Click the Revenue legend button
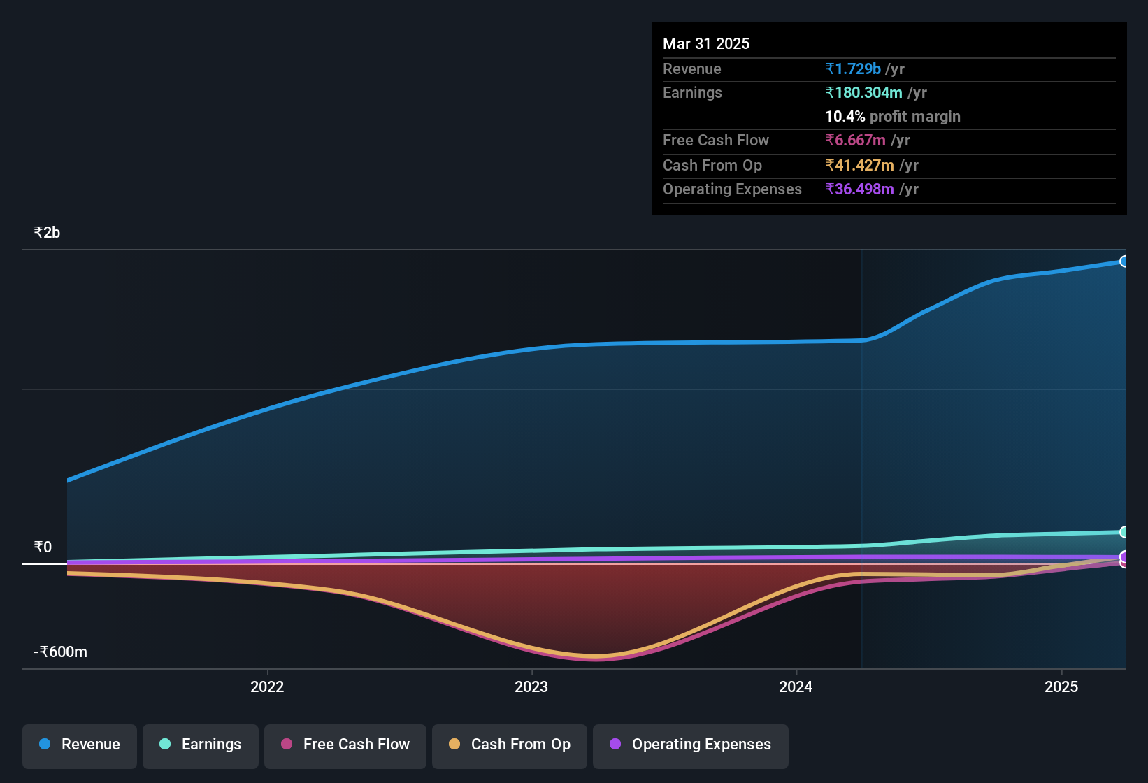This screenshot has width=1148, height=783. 80,745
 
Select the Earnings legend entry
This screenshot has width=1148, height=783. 201,745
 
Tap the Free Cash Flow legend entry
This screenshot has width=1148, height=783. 345,745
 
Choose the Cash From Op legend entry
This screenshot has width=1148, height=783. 510,745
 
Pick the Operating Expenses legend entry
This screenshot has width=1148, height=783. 691,745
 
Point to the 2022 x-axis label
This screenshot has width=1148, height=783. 267,687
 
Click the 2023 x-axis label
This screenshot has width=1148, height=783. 531,687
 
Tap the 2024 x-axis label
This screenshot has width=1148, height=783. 796,687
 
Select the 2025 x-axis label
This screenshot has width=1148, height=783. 1061,687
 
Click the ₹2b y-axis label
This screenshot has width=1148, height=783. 47,233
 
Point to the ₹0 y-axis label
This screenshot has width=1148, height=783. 43,547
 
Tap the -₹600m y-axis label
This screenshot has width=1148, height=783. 60,652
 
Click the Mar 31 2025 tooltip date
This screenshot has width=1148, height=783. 706,44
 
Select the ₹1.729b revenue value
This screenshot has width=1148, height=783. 853,69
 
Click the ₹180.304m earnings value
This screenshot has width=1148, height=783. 864,93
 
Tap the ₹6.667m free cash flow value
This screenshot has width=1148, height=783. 856,141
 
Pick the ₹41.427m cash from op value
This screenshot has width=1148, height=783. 860,166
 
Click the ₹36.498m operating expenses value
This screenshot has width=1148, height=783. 860,189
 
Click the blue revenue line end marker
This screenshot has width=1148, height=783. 1124,261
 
